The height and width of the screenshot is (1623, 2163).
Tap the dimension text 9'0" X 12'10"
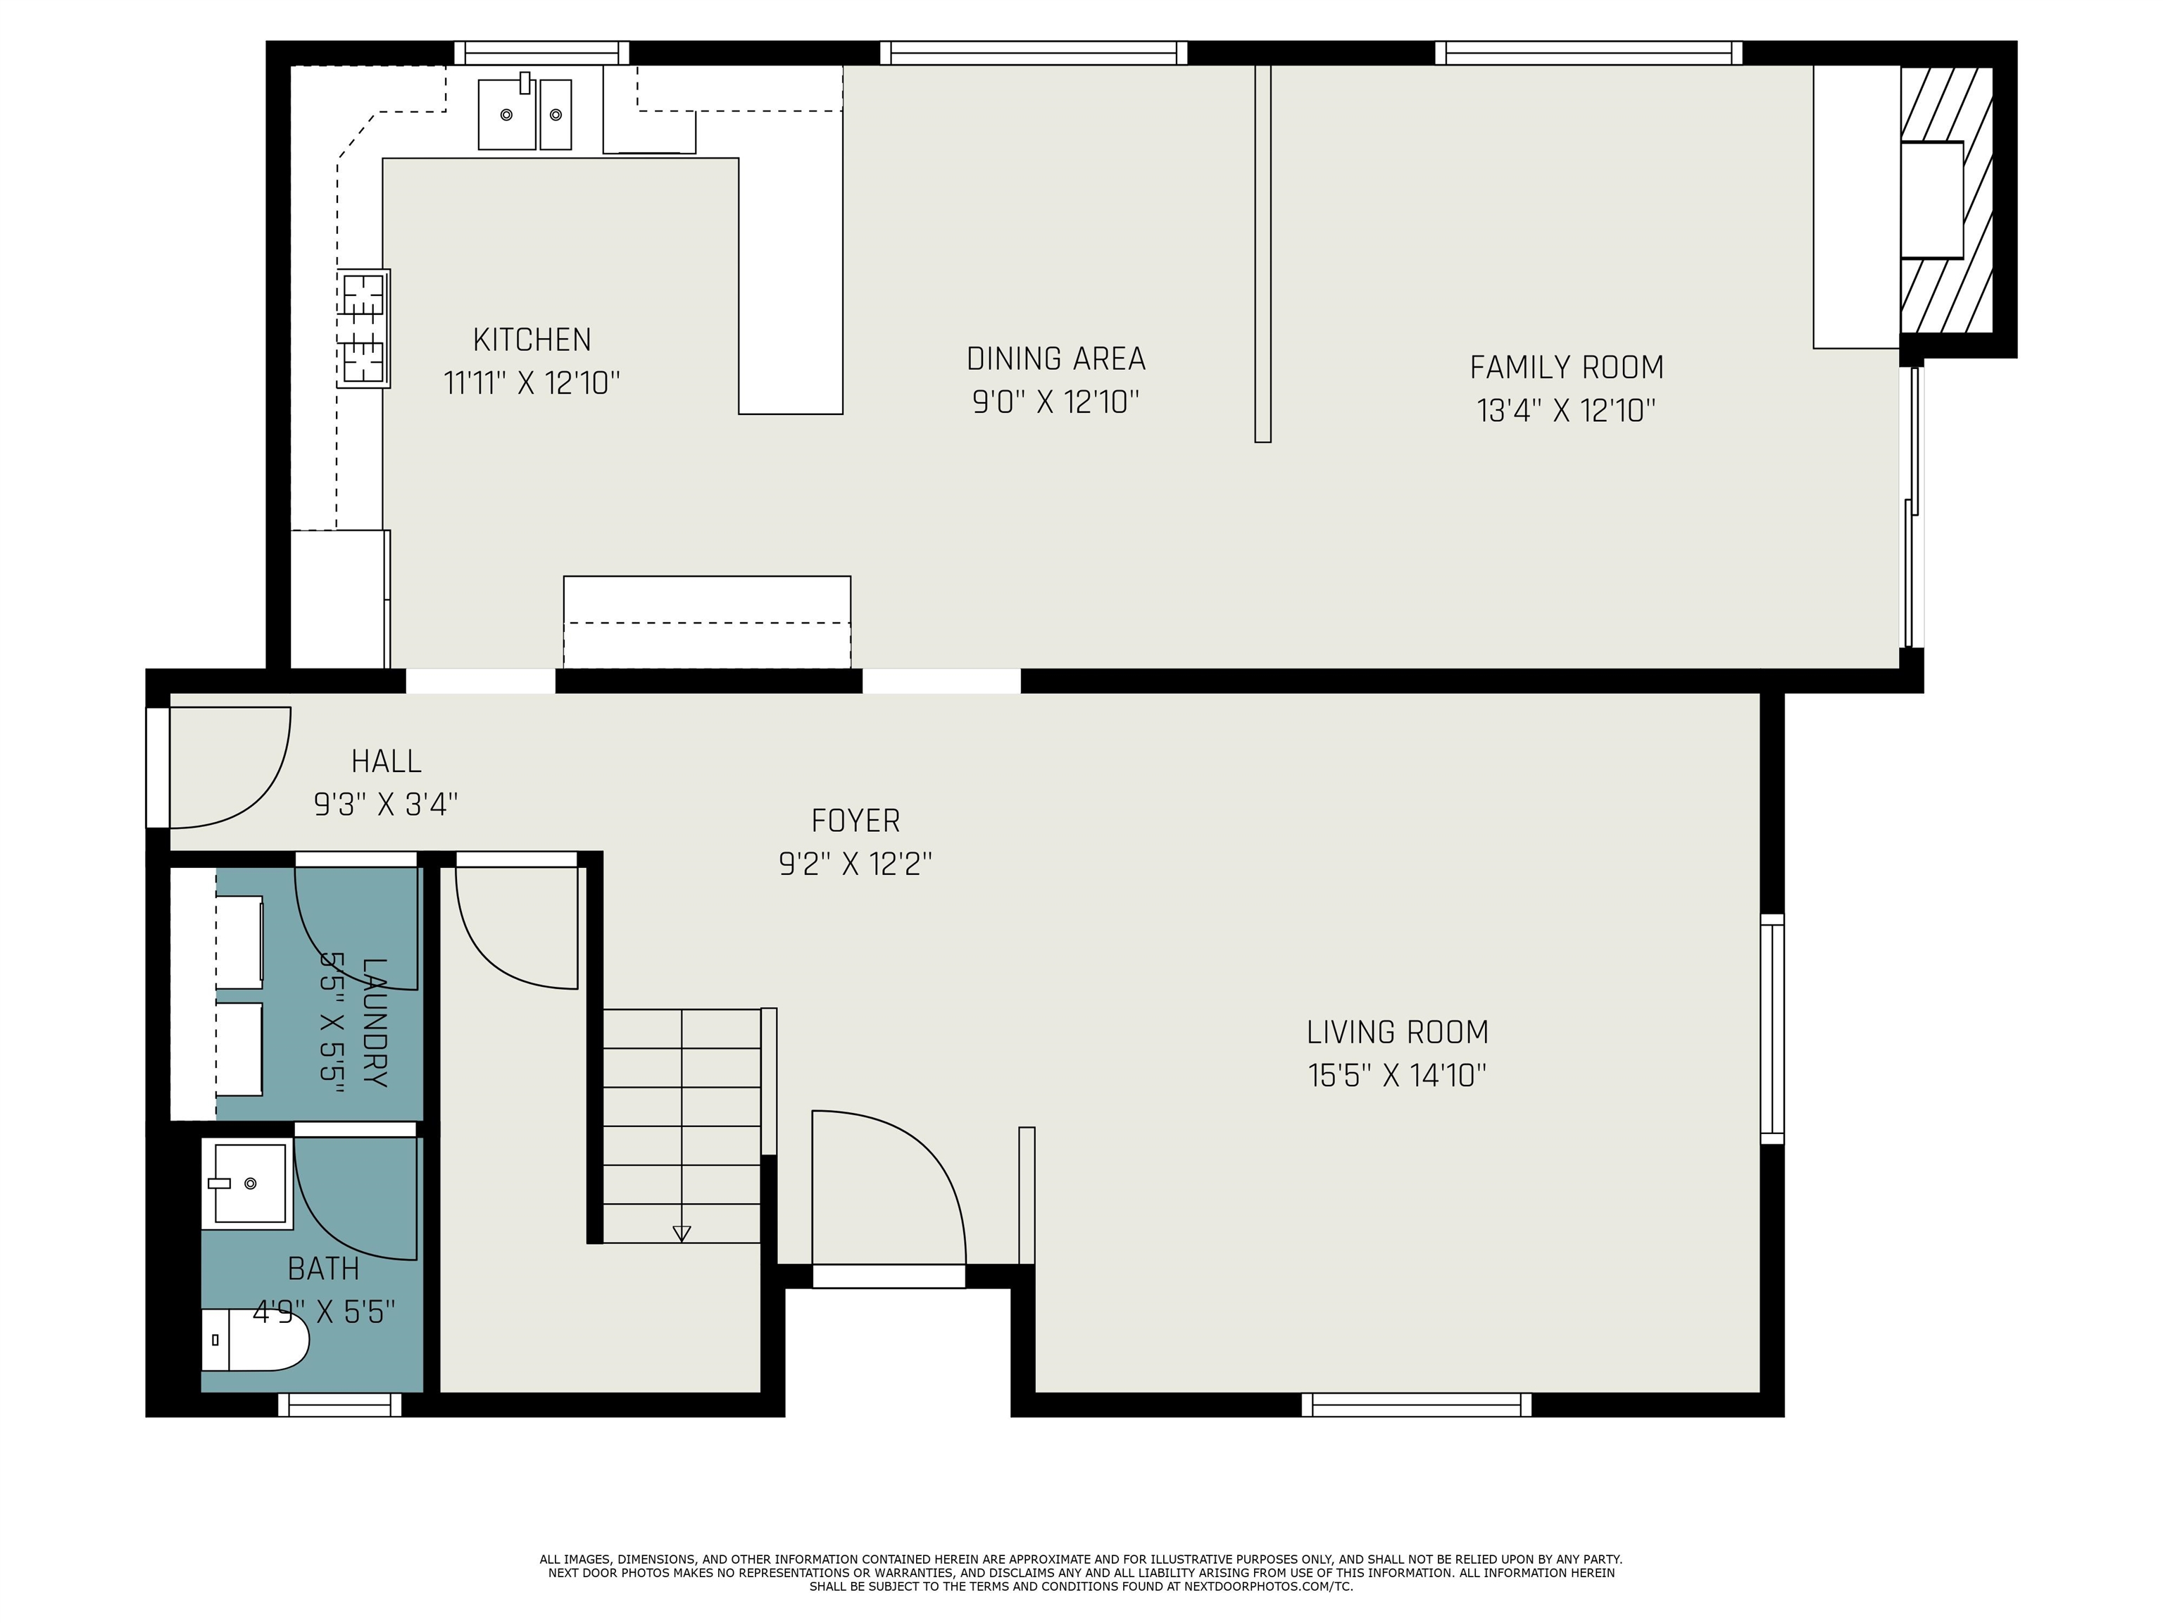1055,402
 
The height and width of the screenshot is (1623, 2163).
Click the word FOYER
855,820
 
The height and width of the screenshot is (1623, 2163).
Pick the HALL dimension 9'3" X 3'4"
385,804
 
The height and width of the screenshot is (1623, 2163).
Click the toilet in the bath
256,1341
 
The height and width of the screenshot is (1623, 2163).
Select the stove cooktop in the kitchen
364,328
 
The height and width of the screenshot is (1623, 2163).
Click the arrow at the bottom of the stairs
682,1233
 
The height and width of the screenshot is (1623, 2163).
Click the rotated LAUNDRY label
375,1021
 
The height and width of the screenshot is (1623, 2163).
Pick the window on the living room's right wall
1771,1028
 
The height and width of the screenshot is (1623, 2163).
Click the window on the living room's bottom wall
1416,1405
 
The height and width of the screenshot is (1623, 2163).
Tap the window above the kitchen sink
541,53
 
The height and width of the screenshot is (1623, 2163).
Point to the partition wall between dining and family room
1262,254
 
